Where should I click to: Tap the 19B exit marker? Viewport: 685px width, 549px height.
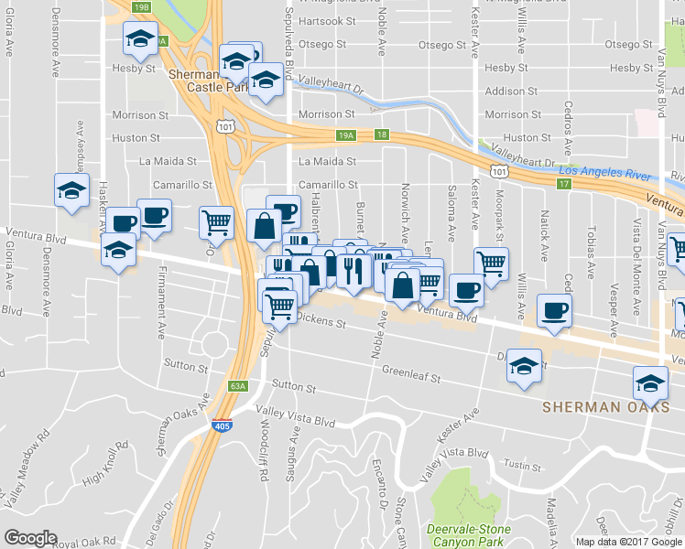(x=141, y=7)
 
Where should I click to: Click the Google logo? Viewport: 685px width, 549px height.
(x=29, y=539)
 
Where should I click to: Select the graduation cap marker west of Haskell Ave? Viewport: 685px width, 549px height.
(x=71, y=191)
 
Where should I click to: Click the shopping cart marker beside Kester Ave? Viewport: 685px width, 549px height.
(x=492, y=264)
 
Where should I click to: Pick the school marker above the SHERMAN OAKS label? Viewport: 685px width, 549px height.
(x=650, y=382)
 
